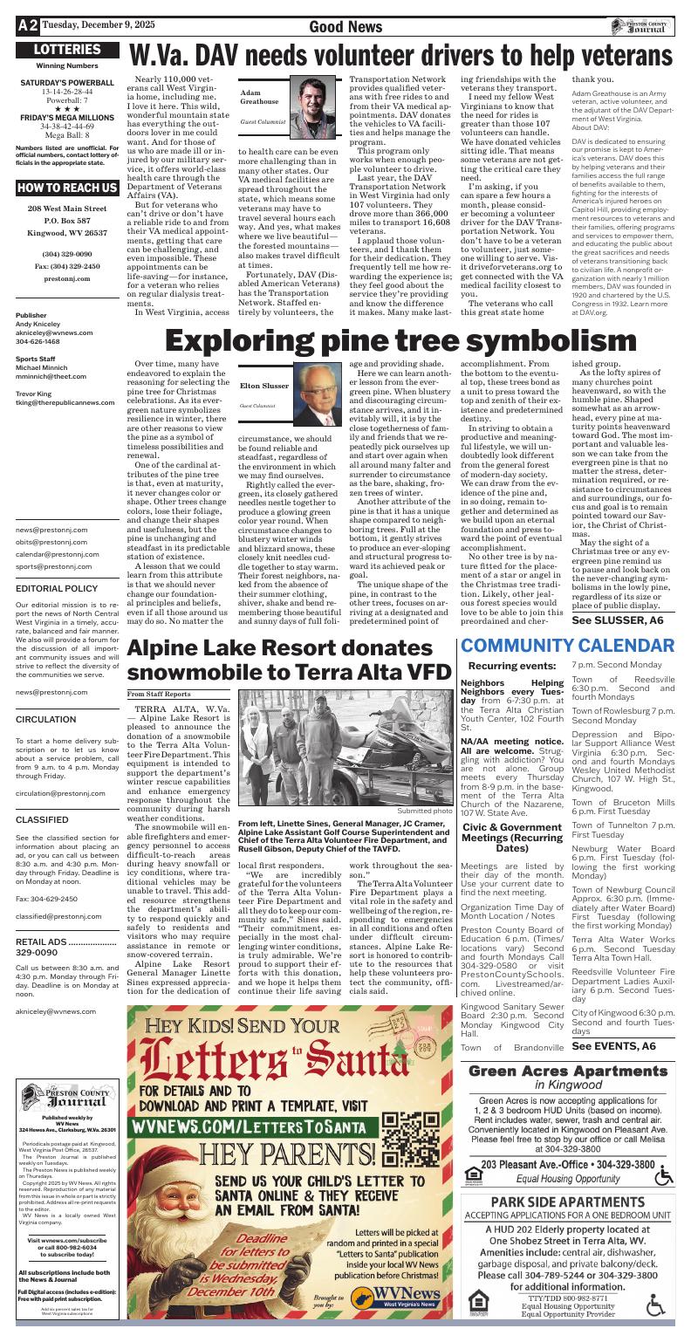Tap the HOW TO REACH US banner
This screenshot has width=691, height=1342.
coord(66,188)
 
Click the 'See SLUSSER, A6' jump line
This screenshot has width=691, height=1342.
coord(617,620)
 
